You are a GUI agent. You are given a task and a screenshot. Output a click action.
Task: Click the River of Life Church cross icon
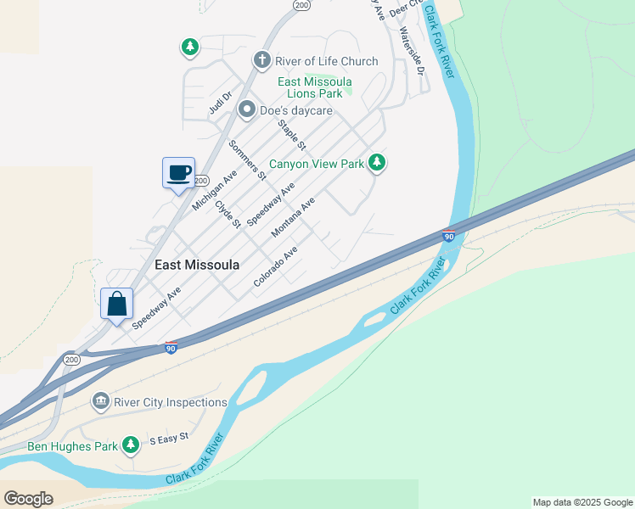pyautogui.click(x=262, y=61)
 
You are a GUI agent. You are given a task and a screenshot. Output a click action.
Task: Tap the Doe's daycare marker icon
pyautogui.click(x=247, y=109)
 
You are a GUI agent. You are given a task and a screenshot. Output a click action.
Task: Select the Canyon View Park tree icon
pyautogui.click(x=377, y=163)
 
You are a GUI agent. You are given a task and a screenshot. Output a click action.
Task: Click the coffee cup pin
pyautogui.click(x=178, y=173)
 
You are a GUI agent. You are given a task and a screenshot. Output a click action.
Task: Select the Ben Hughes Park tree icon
pyautogui.click(x=130, y=445)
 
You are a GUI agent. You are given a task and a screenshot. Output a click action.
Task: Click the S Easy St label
pyautogui.click(x=168, y=439)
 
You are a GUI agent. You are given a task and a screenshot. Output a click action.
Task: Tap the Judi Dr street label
pyautogui.click(x=220, y=103)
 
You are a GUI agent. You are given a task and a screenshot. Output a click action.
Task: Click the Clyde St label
pyautogui.click(x=228, y=213)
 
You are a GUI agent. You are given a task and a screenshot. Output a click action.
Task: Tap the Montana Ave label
pyautogui.click(x=293, y=217)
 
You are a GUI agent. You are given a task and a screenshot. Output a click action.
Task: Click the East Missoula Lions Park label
pyautogui.click(x=315, y=87)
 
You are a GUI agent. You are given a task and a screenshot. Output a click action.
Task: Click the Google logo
pyautogui.click(x=28, y=499)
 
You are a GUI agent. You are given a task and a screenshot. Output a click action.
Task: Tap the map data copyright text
pyautogui.click(x=582, y=502)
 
